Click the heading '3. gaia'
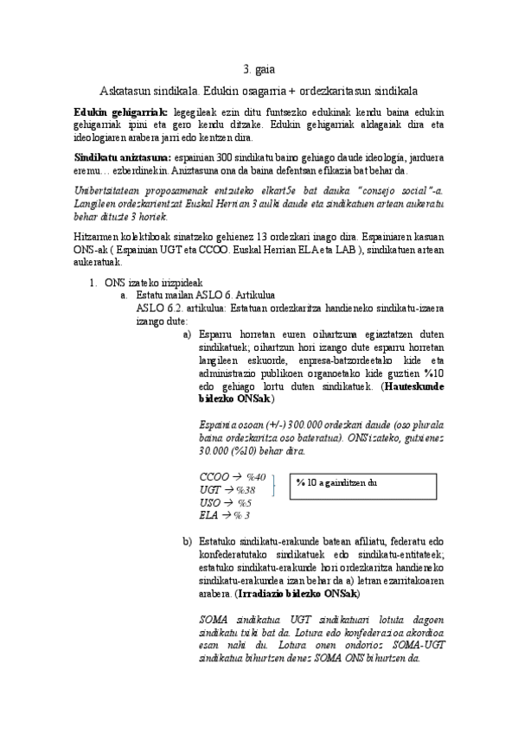coord(259,70)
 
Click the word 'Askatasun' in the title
coord(128,90)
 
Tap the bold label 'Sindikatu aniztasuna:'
coord(123,159)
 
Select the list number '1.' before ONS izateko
coord(94,283)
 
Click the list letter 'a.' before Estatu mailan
coord(125,295)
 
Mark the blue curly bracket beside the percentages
coord(274,488)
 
